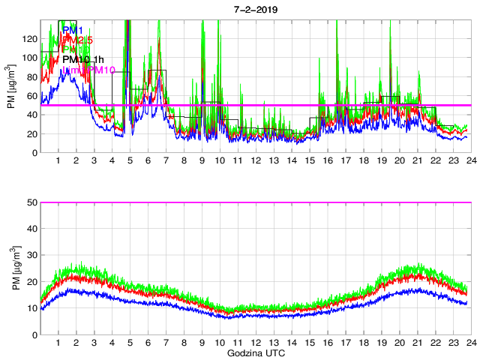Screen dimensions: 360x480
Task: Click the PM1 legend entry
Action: tap(73, 30)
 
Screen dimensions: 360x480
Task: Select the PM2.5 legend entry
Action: tap(77, 40)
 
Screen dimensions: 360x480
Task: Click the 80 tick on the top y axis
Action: tap(31, 76)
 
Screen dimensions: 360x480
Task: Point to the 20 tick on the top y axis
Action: tap(31, 133)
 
